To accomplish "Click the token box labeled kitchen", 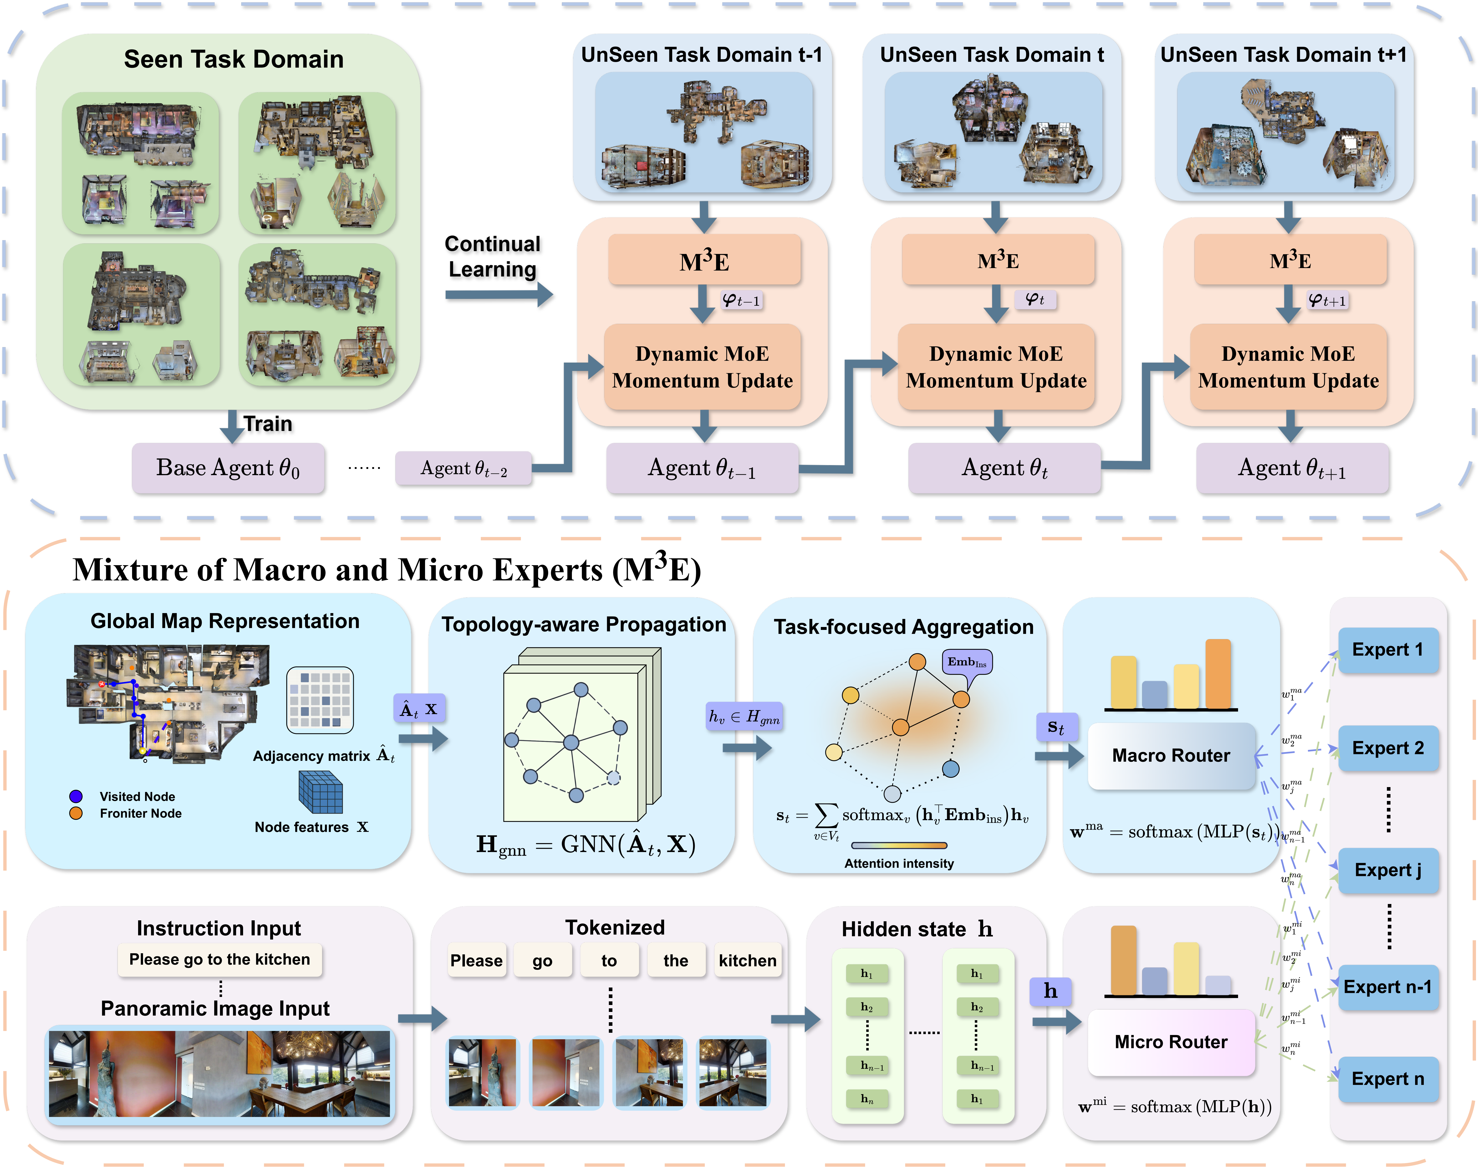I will (x=747, y=961).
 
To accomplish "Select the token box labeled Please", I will (x=477, y=961).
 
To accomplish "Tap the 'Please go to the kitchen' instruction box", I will (x=219, y=960).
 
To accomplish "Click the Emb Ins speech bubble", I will (x=967, y=662).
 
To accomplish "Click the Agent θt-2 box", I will (x=464, y=468).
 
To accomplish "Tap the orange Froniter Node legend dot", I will (x=76, y=813).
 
